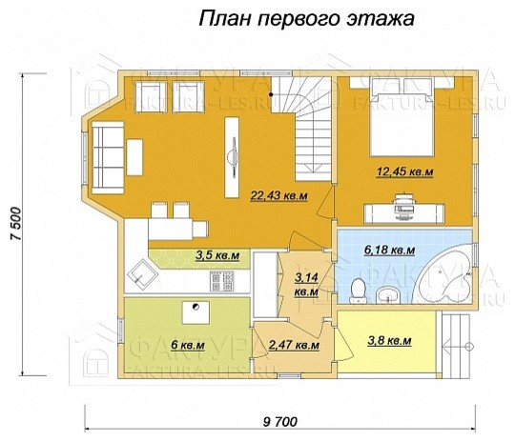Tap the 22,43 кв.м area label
click(278, 196)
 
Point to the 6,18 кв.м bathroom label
click(390, 251)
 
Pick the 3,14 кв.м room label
click(307, 284)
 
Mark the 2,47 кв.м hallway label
click(293, 346)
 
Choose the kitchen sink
click(144, 274)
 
